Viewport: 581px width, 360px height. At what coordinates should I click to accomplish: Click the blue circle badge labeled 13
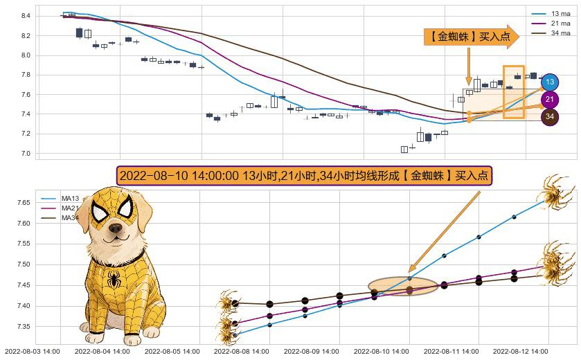[550, 82]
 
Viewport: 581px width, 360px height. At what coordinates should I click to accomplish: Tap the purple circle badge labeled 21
[550, 99]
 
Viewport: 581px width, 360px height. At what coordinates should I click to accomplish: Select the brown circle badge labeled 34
[550, 116]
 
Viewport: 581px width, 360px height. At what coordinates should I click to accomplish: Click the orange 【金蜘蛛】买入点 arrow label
[471, 37]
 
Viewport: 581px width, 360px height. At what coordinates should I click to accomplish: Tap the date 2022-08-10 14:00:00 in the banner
[179, 175]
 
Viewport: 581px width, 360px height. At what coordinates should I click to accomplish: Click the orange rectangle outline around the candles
[513, 91]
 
